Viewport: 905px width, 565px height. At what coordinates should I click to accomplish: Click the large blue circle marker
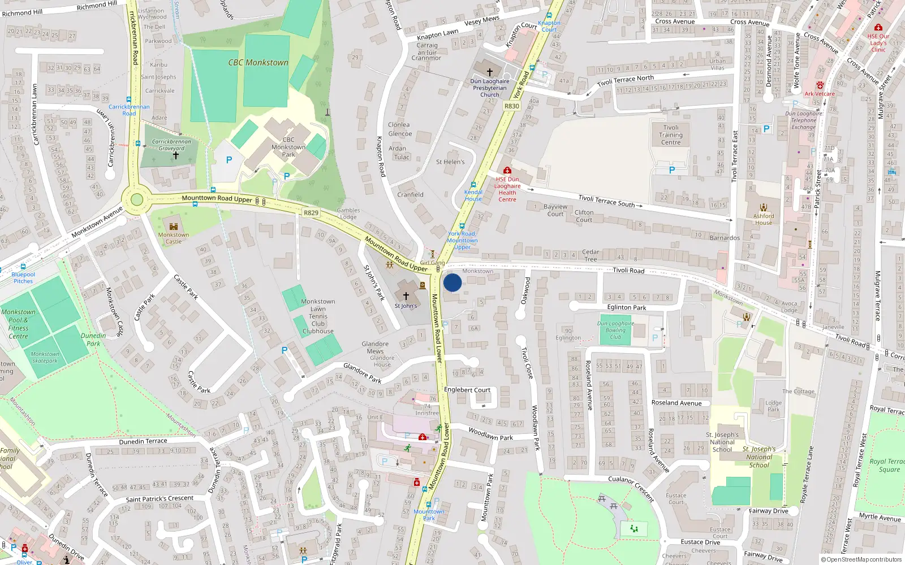click(453, 282)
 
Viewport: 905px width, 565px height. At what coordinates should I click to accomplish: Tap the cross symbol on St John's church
click(406, 295)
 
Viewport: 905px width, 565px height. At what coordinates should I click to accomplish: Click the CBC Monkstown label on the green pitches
click(258, 63)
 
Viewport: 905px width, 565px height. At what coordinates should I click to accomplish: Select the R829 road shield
click(311, 213)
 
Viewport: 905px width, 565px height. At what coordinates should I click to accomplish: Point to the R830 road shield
click(511, 106)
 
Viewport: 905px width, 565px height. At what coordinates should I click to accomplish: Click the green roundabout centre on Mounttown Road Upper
click(136, 199)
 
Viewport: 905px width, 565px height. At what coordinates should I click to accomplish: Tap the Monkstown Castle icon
click(174, 226)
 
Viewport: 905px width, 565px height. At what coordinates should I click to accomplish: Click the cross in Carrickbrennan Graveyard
click(175, 155)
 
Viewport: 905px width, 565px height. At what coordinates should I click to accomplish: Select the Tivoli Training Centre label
click(671, 135)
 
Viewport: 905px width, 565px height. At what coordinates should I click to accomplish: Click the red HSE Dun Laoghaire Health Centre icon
click(507, 170)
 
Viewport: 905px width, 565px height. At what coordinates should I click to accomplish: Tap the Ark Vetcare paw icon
click(820, 85)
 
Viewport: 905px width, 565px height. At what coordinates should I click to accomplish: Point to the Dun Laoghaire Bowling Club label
click(615, 330)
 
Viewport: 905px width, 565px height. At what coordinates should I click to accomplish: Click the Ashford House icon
click(764, 207)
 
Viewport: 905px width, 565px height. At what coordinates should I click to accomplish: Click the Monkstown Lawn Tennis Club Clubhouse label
click(318, 316)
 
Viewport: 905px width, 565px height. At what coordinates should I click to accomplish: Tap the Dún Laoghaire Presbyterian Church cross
click(490, 72)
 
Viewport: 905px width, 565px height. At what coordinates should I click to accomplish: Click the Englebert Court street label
click(467, 390)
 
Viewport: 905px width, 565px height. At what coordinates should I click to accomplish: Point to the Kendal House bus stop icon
click(473, 185)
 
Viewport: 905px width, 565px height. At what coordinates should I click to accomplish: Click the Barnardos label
click(725, 238)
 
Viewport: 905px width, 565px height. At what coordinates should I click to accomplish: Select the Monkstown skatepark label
click(45, 357)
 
